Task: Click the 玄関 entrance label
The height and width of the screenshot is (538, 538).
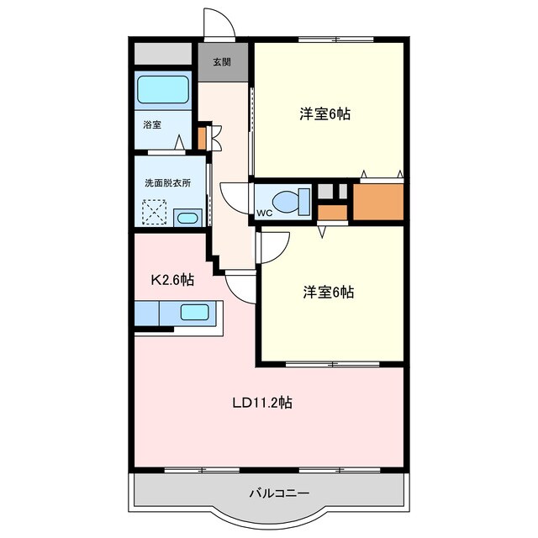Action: pyautogui.click(x=222, y=62)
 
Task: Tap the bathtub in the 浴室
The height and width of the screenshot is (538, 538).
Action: pyautogui.click(x=163, y=89)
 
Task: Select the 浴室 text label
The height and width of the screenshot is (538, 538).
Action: pyautogui.click(x=152, y=124)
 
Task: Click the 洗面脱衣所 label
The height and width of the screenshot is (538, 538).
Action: pyautogui.click(x=167, y=183)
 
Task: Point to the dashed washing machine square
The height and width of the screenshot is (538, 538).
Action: pyautogui.click(x=155, y=212)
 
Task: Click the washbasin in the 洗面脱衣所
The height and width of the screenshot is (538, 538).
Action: pyautogui.click(x=188, y=218)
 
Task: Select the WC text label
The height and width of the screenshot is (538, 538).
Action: pyautogui.click(x=264, y=213)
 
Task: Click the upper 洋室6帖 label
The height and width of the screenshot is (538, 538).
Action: pyautogui.click(x=325, y=113)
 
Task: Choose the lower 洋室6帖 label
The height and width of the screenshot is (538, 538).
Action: pyautogui.click(x=329, y=292)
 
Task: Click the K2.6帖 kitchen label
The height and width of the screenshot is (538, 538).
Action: pyautogui.click(x=172, y=280)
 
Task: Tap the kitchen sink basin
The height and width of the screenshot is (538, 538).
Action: pyautogui.click(x=194, y=312)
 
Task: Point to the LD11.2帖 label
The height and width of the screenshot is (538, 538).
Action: pyautogui.click(x=262, y=403)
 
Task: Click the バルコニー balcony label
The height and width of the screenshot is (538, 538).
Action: pyautogui.click(x=279, y=493)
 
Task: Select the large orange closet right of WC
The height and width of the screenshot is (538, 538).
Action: pyautogui.click(x=378, y=202)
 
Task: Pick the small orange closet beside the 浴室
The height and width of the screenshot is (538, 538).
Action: pyautogui.click(x=202, y=138)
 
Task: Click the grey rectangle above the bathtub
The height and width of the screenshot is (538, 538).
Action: pyautogui.click(x=162, y=54)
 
